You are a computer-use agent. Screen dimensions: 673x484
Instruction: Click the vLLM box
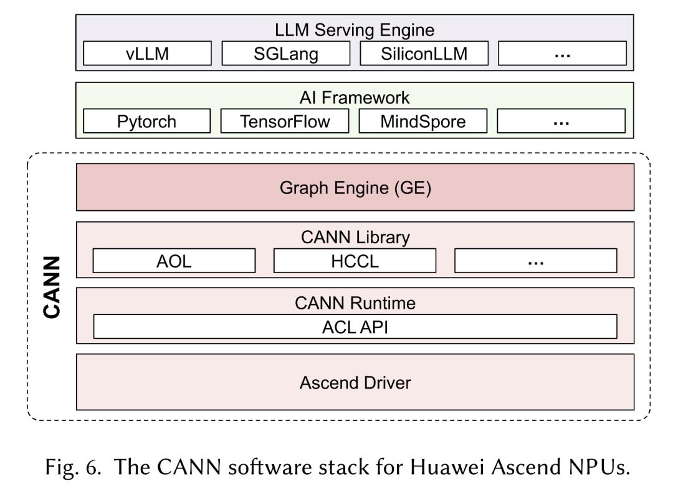(x=147, y=53)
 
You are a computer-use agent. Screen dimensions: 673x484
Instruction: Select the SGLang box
(x=286, y=53)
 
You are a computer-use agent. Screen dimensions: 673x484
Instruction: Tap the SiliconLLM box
(x=424, y=53)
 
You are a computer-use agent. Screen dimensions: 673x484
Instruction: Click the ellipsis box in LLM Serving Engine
(x=562, y=53)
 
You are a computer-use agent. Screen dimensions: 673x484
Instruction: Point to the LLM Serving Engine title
(x=355, y=30)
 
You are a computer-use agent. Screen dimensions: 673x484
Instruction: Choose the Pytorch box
(x=147, y=121)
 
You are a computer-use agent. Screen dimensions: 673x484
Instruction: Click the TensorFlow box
(x=285, y=121)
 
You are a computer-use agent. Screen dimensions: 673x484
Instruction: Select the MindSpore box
(x=423, y=121)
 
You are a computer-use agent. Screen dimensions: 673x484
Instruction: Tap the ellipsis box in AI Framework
(x=561, y=121)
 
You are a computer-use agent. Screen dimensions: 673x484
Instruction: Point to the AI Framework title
(x=355, y=98)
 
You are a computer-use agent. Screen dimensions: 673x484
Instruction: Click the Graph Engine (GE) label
(x=355, y=188)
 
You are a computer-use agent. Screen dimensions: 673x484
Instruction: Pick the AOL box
(x=174, y=261)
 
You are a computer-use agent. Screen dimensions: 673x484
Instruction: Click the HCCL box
(x=355, y=261)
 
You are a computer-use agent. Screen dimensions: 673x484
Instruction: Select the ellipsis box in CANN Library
(x=536, y=261)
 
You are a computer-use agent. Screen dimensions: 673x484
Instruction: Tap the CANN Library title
(x=355, y=238)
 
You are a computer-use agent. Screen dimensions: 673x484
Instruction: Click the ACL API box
(x=355, y=327)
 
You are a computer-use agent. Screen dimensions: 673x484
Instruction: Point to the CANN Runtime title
(x=355, y=303)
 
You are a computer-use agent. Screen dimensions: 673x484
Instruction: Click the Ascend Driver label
(x=355, y=383)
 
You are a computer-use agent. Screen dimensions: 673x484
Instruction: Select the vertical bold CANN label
(x=52, y=288)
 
